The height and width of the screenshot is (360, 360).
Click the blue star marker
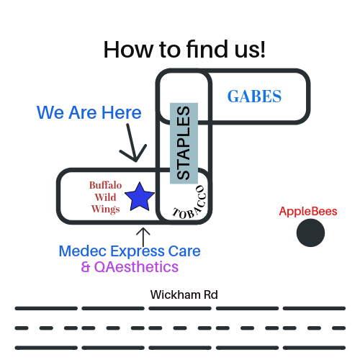click(x=140, y=197)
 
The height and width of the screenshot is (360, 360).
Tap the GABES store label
click(x=254, y=96)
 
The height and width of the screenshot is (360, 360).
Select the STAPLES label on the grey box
click(x=184, y=143)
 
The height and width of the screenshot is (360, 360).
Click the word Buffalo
click(x=105, y=185)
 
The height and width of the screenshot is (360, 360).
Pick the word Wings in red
click(x=105, y=209)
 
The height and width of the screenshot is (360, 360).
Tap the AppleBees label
click(x=308, y=212)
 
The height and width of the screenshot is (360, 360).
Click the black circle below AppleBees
click(x=310, y=233)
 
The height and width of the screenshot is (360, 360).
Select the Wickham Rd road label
click(x=184, y=294)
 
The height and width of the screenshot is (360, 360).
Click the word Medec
click(x=83, y=251)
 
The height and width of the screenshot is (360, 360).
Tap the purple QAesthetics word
click(x=136, y=267)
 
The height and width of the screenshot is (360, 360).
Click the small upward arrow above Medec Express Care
click(x=143, y=237)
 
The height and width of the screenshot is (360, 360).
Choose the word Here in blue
click(x=122, y=112)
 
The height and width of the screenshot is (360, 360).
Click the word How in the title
click(x=128, y=50)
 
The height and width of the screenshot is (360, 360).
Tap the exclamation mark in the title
click(x=263, y=49)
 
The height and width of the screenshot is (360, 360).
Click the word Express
click(x=138, y=252)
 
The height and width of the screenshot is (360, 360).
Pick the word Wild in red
click(x=105, y=197)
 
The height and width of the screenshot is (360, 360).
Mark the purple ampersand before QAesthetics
click(x=86, y=267)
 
